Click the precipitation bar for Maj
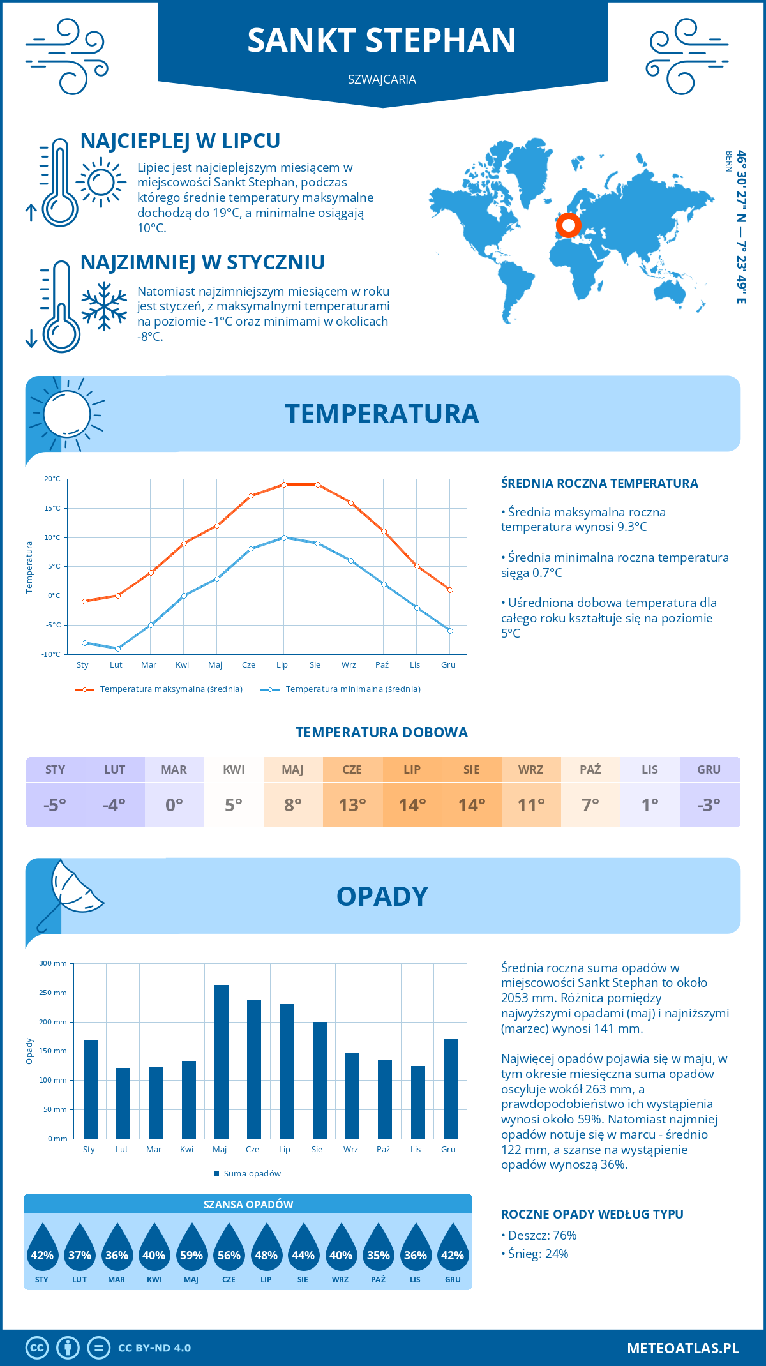coord(221,1062)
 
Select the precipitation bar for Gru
coord(450,1089)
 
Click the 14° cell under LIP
coord(412,805)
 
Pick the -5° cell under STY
coord(55,805)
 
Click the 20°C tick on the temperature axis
coord(52,479)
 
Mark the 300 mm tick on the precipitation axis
coord(54,963)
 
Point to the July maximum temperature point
coord(284,484)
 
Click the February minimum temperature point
coord(117,649)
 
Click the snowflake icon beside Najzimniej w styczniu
coord(104,306)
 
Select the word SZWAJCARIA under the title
coord(382,79)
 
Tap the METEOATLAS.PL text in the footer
coord(682,1348)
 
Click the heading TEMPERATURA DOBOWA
coord(382,732)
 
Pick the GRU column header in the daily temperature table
coord(709,770)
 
